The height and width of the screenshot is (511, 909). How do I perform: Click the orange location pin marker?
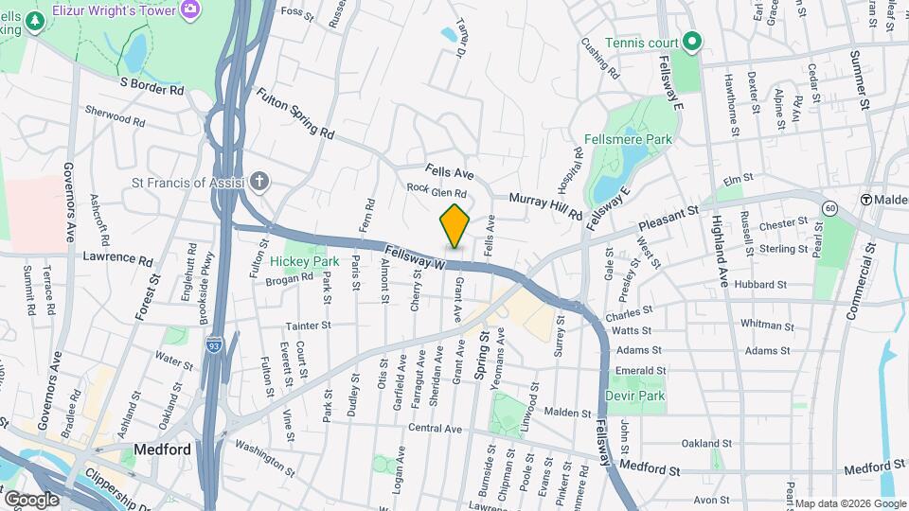coord(455,225)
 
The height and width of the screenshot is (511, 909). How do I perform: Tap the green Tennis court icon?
coord(692,41)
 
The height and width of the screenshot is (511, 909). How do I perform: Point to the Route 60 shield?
coord(829,207)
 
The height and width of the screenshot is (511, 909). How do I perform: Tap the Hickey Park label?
coord(304,260)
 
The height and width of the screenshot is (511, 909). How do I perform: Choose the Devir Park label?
coord(640,396)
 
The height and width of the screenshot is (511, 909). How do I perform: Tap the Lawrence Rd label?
coord(117,258)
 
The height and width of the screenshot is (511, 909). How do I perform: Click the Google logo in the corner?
coord(32,498)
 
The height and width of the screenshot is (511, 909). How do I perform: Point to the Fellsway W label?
coord(415,260)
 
